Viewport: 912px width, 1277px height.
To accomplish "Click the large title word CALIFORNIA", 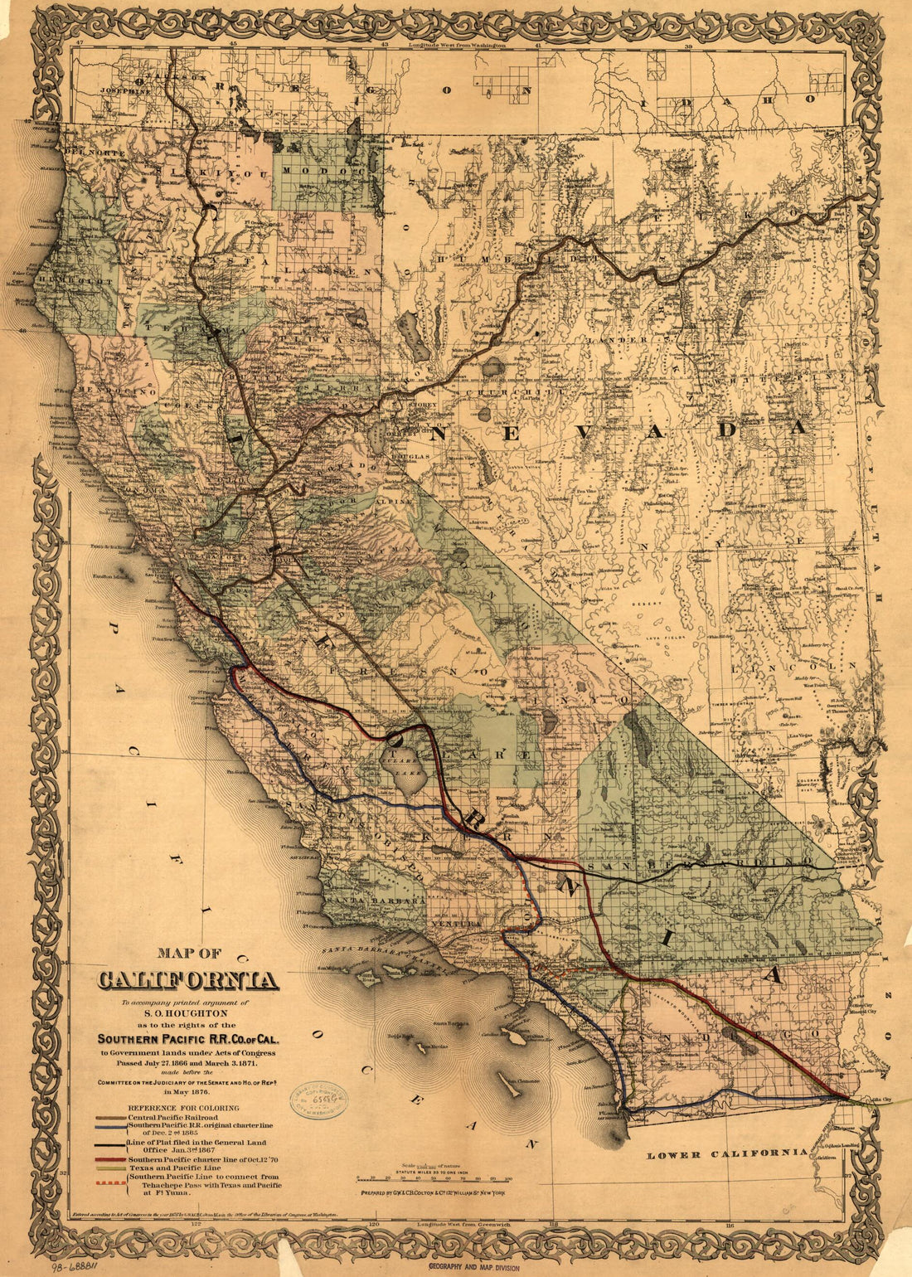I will pyautogui.click(x=187, y=980).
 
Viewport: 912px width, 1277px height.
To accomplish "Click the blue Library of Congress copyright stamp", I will pyautogui.click(x=318, y=1100).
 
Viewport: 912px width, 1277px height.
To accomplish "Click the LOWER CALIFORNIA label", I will pyautogui.click(x=727, y=1153).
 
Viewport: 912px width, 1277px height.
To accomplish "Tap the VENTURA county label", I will pyautogui.click(x=454, y=924).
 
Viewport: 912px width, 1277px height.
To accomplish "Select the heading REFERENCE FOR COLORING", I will pyautogui.click(x=183, y=1108).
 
